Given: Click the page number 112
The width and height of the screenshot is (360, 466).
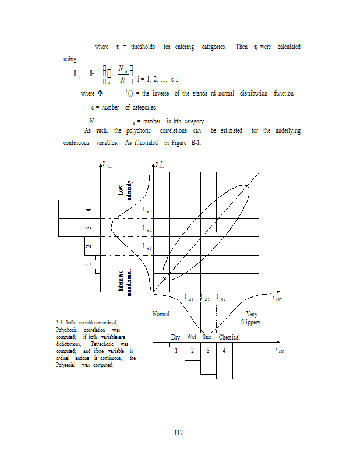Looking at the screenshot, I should tap(179, 432).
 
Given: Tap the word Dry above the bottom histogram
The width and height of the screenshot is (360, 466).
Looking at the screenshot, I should tap(175, 337).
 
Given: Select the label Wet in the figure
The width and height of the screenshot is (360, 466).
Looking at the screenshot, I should tap(192, 337).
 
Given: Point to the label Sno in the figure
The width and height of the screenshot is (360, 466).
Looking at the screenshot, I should tap(207, 337).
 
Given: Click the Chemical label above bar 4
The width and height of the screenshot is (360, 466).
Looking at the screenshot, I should tap(229, 337).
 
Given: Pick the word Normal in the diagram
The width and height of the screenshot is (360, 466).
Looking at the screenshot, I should tap(161, 314).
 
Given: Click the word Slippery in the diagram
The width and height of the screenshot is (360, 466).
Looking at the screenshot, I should tap(250, 322).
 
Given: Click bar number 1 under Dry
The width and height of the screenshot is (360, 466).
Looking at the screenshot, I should tap(175, 350).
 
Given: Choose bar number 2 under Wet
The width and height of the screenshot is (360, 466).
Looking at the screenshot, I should tap(192, 350).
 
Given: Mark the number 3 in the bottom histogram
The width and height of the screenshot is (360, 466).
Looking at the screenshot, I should tap(208, 350).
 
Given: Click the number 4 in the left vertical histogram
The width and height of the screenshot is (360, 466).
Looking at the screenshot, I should tap(89, 209).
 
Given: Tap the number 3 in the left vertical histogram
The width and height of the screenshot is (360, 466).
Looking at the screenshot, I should tap(89, 227).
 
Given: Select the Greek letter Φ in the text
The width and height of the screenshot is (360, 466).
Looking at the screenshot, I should tap(100, 94).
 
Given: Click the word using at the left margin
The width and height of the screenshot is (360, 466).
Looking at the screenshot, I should tap(70, 59).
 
